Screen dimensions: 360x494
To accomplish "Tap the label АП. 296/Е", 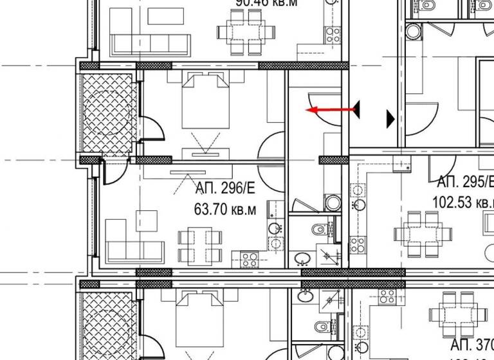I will click(225, 188).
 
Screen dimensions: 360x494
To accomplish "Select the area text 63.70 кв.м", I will click(225, 209).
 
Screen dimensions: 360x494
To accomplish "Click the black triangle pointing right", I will click(390, 118).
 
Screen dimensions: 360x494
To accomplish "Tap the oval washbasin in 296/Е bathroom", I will click(301, 259).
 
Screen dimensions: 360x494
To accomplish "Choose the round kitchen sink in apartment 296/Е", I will click(275, 228).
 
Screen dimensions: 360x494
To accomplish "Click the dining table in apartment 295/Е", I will click(423, 232).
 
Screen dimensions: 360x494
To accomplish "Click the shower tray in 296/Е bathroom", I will click(332, 256).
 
